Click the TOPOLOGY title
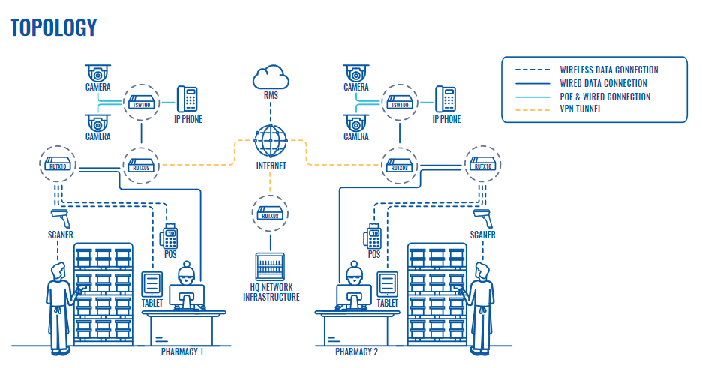coord(53,28)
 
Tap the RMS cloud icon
coord(271,77)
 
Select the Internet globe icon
coord(271,141)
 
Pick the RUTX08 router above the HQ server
coord(270,214)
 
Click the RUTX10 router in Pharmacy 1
coord(58,164)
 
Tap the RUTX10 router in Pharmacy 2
coord(483,164)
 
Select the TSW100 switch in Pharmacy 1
coord(142,103)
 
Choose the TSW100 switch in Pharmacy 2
coord(400,103)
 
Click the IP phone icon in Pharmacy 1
coord(187,99)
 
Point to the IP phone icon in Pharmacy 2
coord(445,99)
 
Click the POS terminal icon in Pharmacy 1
coord(169,236)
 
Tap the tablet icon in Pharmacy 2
coord(387,284)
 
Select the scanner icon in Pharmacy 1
coord(61,218)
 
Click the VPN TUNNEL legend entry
coord(580,109)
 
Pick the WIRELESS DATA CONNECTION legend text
coord(609,70)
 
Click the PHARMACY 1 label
coord(182,352)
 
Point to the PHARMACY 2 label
coord(357,352)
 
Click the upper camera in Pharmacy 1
coord(97,73)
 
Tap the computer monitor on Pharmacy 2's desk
coord(354,297)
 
